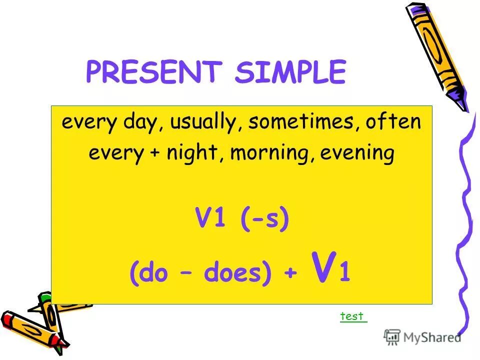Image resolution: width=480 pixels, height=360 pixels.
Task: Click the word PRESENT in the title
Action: (153, 73)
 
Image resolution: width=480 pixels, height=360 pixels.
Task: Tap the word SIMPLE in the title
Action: (290, 73)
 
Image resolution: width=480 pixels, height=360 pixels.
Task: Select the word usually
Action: (205, 122)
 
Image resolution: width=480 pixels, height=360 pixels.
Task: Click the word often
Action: (392, 122)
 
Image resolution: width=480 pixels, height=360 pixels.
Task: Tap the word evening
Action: (357, 152)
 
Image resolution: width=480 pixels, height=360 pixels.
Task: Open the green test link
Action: (353, 316)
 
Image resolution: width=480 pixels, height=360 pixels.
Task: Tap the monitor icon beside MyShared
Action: (392, 337)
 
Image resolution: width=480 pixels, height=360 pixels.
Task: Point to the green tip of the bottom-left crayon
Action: (44, 298)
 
